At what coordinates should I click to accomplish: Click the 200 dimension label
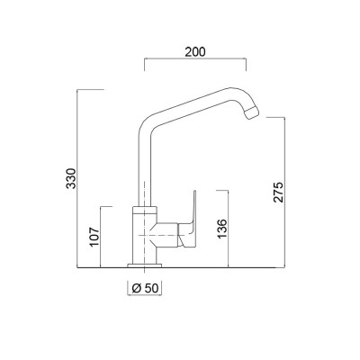196,50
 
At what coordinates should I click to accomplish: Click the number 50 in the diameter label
153,288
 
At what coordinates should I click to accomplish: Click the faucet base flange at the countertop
146,265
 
